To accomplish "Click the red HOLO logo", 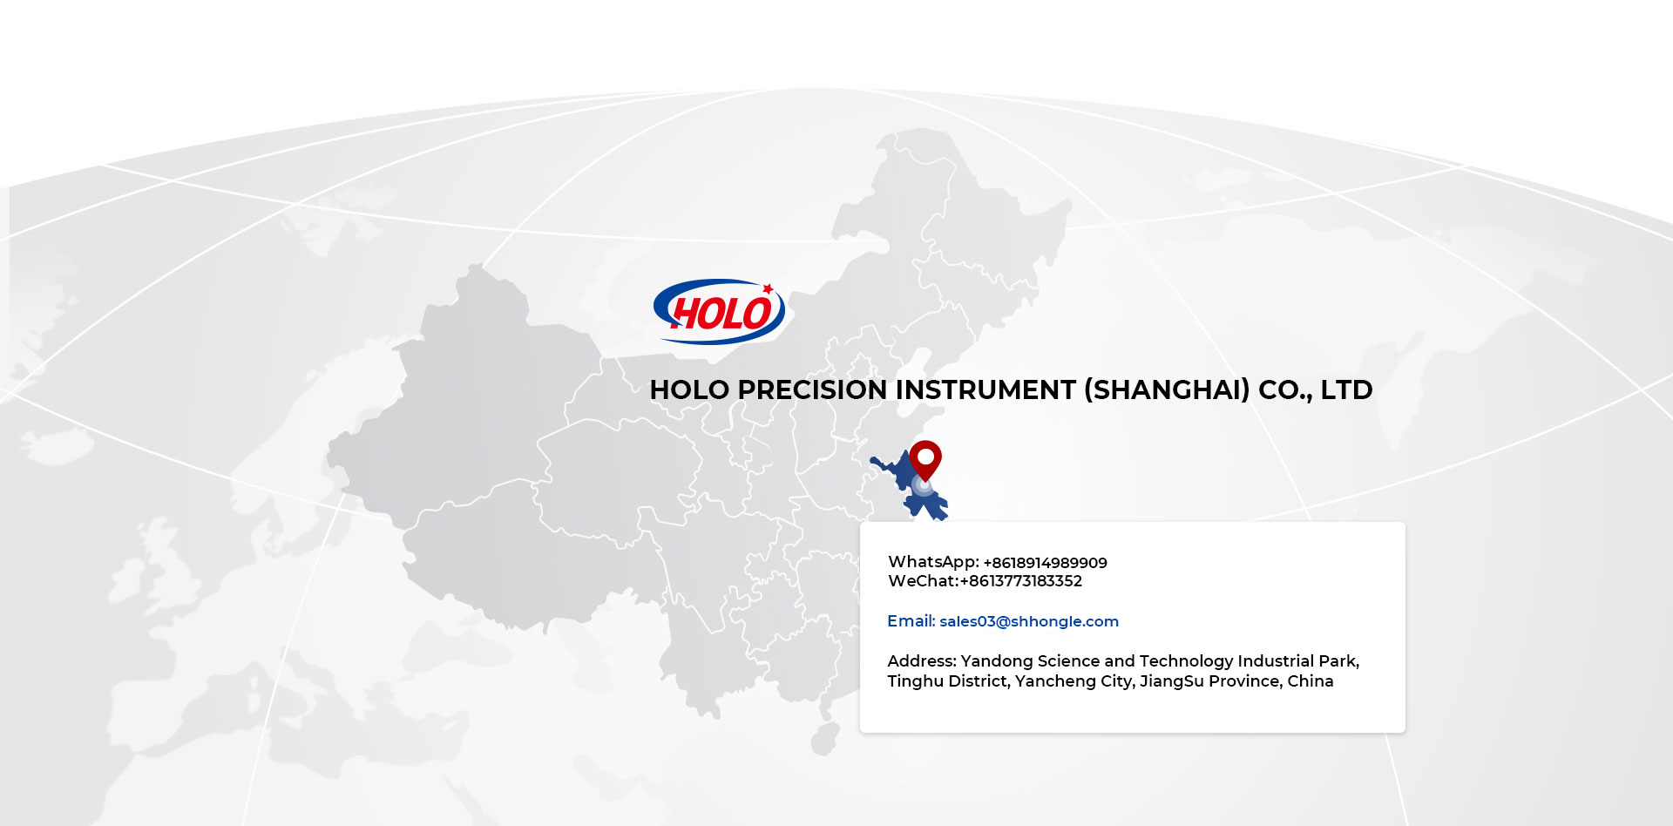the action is pyautogui.click(x=719, y=311).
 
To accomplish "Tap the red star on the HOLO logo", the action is pyautogui.click(x=768, y=288).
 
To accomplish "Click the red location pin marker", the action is pyautogui.click(x=925, y=460).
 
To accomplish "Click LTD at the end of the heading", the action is pyautogui.click(x=1346, y=389).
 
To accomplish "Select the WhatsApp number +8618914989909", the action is pyautogui.click(x=1045, y=563).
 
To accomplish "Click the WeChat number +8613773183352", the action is pyautogui.click(x=1020, y=581).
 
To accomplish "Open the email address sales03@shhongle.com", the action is pyautogui.click(x=1029, y=621).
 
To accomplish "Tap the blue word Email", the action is pyautogui.click(x=911, y=621).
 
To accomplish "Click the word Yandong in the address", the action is pyautogui.click(x=997, y=662).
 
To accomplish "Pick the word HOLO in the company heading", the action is pyautogui.click(x=689, y=389).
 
